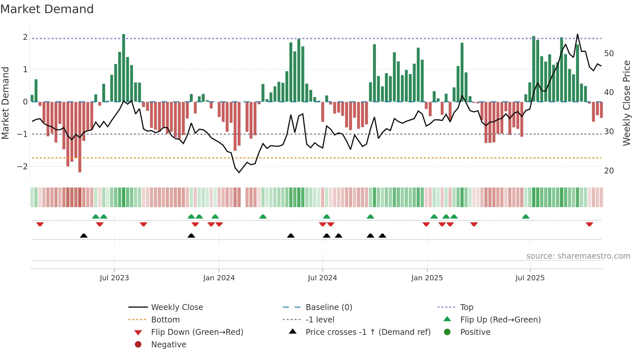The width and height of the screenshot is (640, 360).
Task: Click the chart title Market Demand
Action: click(47, 9)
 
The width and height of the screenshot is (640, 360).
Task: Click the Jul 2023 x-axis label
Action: click(114, 278)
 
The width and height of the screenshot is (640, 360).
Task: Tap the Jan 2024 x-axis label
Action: click(219, 278)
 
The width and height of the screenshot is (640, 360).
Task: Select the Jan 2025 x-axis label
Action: click(427, 278)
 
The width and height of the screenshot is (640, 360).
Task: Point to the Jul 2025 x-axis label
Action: click(530, 278)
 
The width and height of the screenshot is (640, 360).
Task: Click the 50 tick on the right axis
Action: click(609, 53)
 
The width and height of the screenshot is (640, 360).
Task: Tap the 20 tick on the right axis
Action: click(609, 171)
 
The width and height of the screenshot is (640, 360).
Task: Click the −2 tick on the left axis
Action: click(23, 166)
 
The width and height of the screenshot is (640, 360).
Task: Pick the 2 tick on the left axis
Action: click(25, 37)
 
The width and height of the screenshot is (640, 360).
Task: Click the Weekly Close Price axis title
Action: click(626, 103)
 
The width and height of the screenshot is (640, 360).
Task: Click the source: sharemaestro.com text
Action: click(578, 256)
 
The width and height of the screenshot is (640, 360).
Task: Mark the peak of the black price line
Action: click(577, 34)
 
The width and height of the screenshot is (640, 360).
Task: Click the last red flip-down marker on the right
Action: click(589, 224)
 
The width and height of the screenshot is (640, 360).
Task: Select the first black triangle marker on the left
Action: click(84, 236)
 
